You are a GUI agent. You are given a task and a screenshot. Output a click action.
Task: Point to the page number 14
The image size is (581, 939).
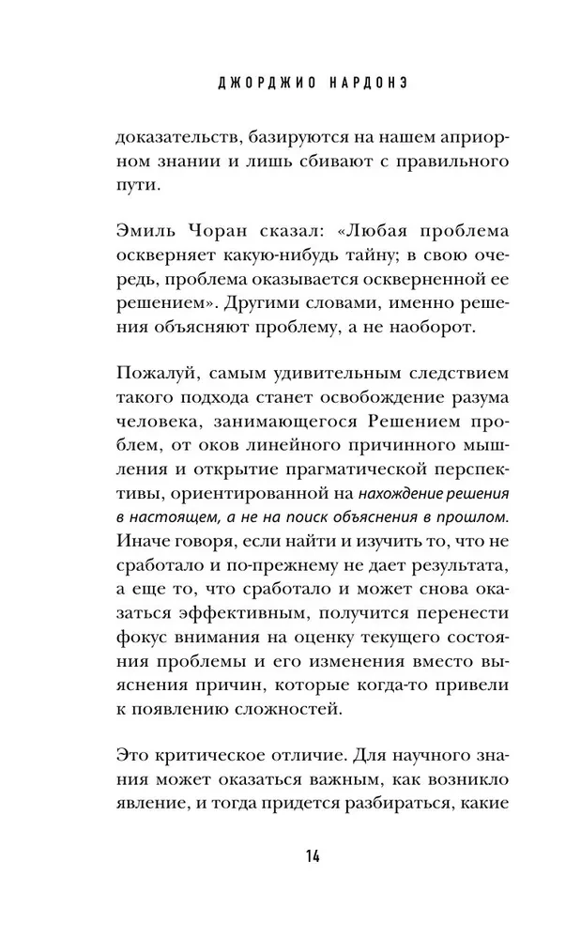(313, 855)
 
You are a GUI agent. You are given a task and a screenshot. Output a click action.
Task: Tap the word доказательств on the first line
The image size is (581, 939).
(176, 136)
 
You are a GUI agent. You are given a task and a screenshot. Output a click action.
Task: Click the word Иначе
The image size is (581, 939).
(143, 543)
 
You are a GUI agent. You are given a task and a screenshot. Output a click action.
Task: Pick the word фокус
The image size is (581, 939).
(141, 639)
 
